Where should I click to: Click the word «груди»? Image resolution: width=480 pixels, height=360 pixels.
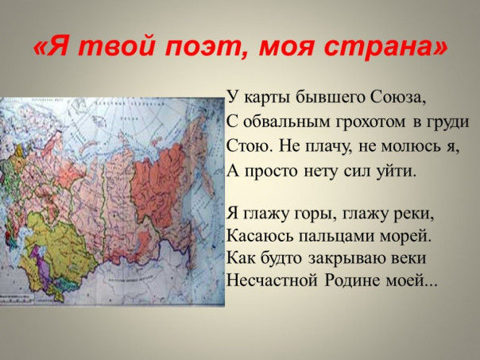[x=450, y=122]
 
